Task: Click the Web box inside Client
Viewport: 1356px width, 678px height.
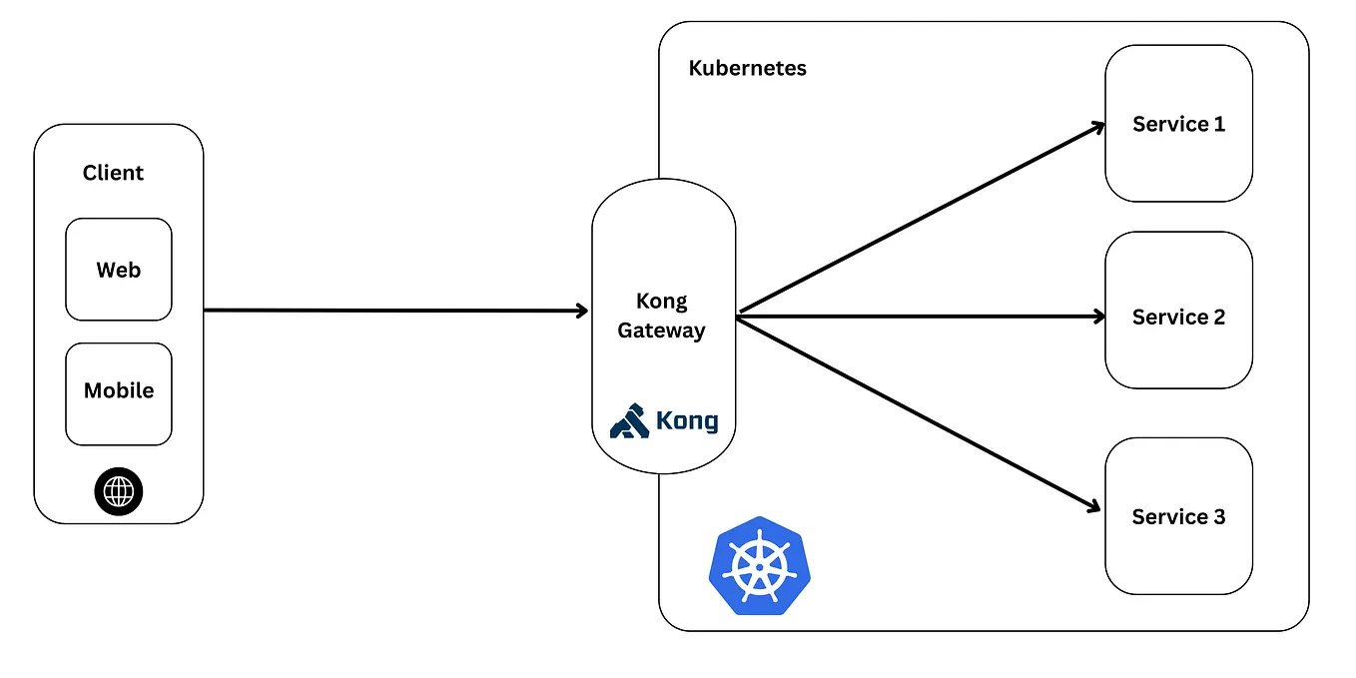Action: coord(119,270)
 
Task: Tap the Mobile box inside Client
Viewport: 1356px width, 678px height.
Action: coord(119,390)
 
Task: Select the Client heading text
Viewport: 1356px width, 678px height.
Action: coord(113,173)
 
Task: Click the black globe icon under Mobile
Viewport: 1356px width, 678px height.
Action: coord(119,491)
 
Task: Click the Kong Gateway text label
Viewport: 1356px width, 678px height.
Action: coord(661,316)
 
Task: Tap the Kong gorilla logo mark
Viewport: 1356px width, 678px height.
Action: coord(629,421)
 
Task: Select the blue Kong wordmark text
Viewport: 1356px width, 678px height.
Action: coord(687,421)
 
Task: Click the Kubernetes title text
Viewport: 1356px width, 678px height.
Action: coord(747,69)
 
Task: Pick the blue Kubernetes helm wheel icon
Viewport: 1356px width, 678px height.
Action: coord(759,565)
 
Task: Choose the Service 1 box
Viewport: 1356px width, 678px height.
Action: coord(1178,124)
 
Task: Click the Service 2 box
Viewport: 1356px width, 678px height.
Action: coord(1178,317)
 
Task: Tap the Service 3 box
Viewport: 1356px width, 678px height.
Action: coord(1178,516)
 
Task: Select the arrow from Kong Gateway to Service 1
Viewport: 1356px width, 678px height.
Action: coord(919,221)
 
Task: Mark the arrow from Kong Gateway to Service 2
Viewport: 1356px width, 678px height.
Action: coord(919,317)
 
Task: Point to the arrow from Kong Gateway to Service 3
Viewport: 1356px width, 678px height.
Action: coord(919,413)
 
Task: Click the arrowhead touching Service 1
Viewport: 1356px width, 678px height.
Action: coord(1096,127)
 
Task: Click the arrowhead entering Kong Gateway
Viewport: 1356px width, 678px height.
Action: coord(581,311)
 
